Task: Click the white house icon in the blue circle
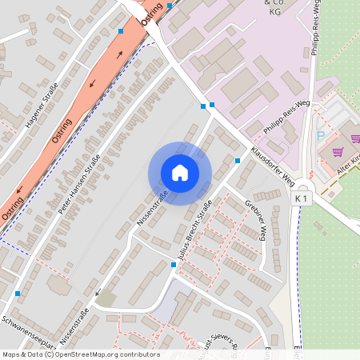click(x=180, y=172)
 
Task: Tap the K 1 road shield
click(x=302, y=198)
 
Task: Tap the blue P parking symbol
click(x=321, y=137)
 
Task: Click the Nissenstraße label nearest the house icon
click(x=152, y=206)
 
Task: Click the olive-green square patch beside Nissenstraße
click(x=106, y=298)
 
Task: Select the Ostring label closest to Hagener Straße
click(x=62, y=130)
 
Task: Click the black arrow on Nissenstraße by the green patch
click(x=97, y=293)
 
